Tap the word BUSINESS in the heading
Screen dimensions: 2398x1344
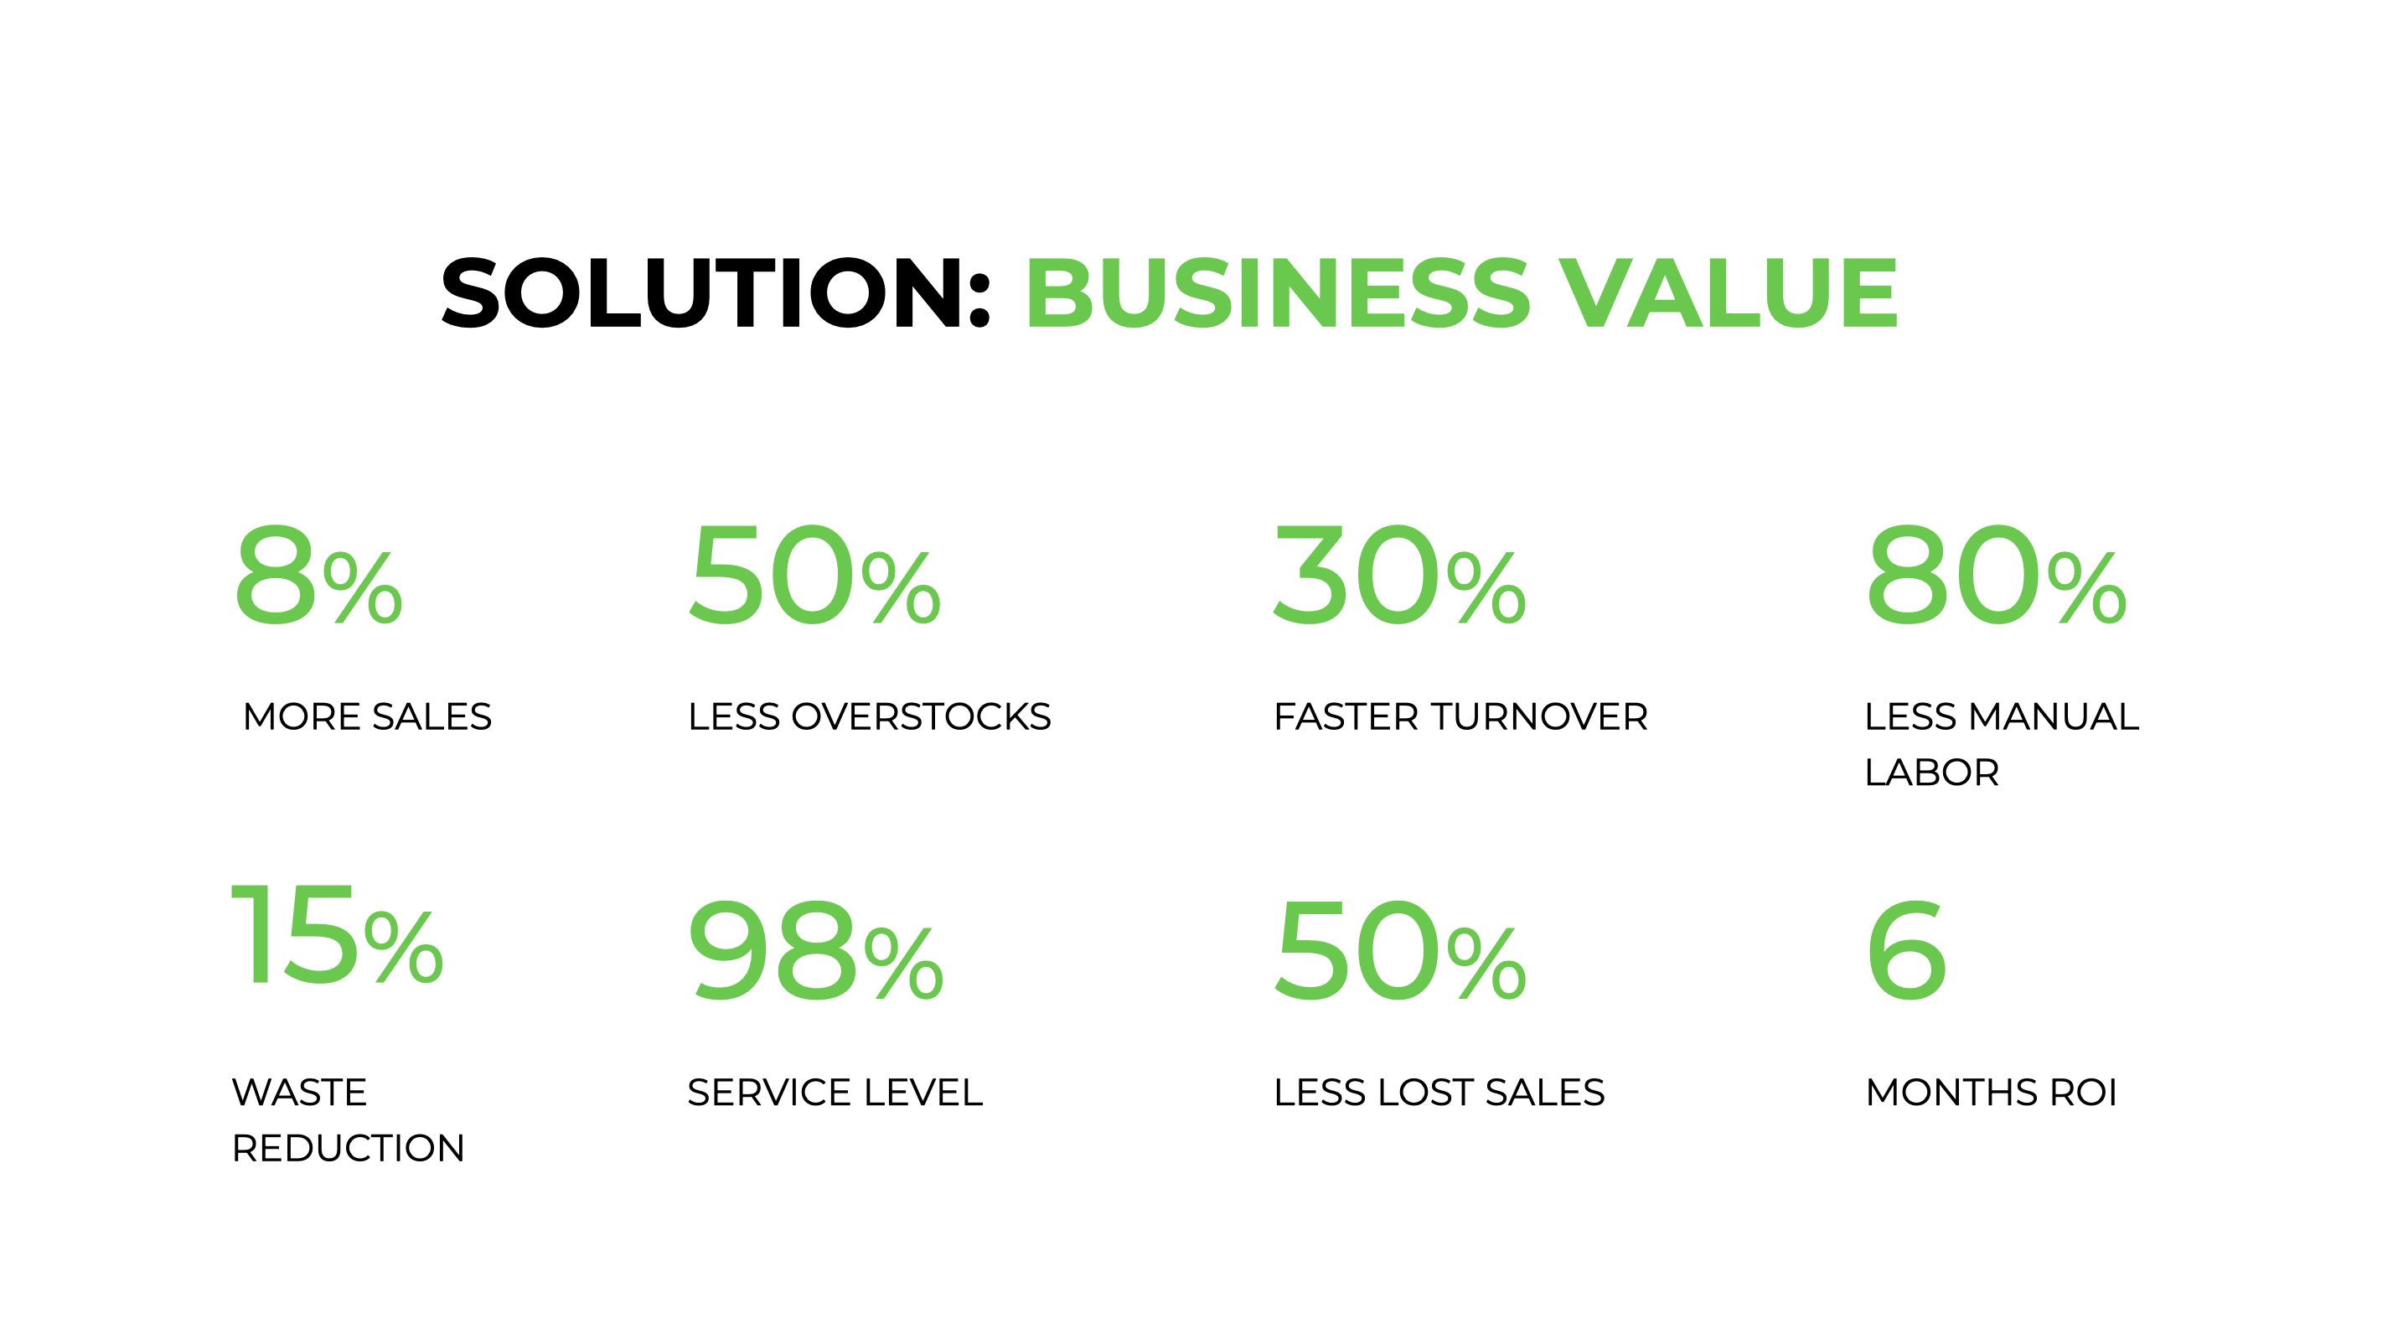click(x=1277, y=293)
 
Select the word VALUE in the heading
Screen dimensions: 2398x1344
click(x=1729, y=293)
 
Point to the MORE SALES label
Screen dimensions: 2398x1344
click(x=367, y=716)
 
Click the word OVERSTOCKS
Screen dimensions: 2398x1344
click(x=921, y=716)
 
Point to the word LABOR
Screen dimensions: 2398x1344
click(x=1931, y=773)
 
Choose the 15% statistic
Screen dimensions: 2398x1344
click(x=337, y=936)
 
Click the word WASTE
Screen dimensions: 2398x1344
click(x=299, y=1092)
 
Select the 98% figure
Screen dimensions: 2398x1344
click(x=815, y=951)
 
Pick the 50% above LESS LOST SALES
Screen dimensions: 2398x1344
click(x=1399, y=951)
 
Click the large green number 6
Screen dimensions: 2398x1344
click(x=1905, y=951)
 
